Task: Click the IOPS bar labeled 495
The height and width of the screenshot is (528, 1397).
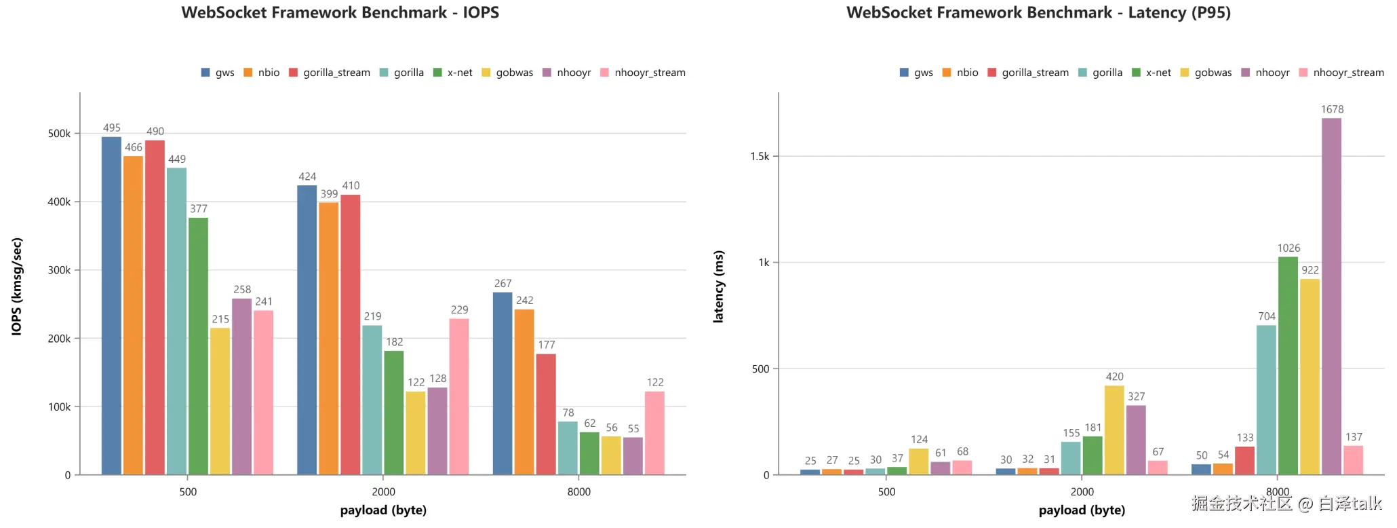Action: (111, 305)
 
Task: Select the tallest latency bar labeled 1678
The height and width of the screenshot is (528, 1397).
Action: (1331, 297)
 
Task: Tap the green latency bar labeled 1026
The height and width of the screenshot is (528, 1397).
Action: (1288, 366)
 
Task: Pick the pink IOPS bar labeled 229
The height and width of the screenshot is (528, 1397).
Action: (459, 397)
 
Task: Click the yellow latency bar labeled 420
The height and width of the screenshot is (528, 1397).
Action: (1114, 430)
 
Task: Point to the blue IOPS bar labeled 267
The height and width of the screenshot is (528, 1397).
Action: (503, 383)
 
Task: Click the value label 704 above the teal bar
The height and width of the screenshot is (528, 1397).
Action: (1267, 316)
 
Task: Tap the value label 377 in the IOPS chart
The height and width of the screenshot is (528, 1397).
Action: (199, 209)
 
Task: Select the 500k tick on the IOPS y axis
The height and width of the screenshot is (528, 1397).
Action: (59, 134)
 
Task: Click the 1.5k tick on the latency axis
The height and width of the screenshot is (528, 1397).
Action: (760, 157)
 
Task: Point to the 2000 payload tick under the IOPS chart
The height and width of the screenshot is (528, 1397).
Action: (383, 492)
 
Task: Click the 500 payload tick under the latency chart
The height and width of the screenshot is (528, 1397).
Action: (886, 492)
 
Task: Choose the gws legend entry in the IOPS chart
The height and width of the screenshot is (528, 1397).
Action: (218, 73)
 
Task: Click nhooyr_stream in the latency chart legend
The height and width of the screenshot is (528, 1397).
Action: (1341, 73)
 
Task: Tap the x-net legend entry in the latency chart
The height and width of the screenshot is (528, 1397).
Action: (1152, 73)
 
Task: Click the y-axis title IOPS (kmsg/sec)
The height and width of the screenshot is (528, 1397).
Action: (17, 286)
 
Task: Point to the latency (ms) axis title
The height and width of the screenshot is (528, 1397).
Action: (719, 286)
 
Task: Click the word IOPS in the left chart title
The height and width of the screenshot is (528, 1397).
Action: (481, 12)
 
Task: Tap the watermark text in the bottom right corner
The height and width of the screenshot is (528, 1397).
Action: (1286, 503)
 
